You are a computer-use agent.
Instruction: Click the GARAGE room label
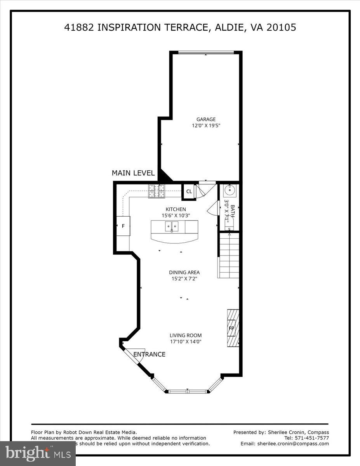[x=206, y=119]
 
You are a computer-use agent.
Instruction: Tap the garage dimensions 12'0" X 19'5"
[x=206, y=125]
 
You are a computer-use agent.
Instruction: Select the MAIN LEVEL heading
[x=133, y=173]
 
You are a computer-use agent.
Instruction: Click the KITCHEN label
[x=176, y=209]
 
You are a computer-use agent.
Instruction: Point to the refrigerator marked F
[x=123, y=225]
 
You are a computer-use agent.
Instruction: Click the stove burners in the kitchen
[x=157, y=191]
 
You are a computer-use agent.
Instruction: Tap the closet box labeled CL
[x=189, y=191]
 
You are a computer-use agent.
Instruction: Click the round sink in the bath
[x=229, y=190]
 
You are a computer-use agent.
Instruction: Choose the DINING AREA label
[x=184, y=272]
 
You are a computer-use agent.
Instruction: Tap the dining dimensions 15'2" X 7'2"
[x=184, y=278]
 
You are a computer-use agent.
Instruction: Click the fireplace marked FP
[x=232, y=328]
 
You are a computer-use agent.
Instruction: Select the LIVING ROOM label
[x=186, y=336]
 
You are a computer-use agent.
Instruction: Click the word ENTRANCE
[x=150, y=354]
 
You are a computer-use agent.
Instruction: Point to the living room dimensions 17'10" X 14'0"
[x=186, y=342]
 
